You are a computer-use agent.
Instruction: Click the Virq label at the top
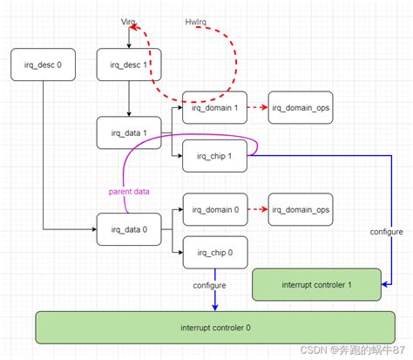click(129, 20)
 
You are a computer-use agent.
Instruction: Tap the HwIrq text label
click(197, 20)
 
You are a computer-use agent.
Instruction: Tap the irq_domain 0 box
click(214, 209)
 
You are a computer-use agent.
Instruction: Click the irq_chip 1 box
click(214, 157)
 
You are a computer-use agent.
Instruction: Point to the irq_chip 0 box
click(214, 253)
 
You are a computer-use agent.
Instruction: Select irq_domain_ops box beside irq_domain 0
click(301, 209)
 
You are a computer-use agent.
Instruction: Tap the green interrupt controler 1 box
click(316, 283)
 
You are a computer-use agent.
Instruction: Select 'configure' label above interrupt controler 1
click(386, 232)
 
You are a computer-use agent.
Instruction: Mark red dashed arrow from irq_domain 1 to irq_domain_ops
click(257, 107)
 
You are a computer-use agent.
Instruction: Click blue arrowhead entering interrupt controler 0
click(214, 305)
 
